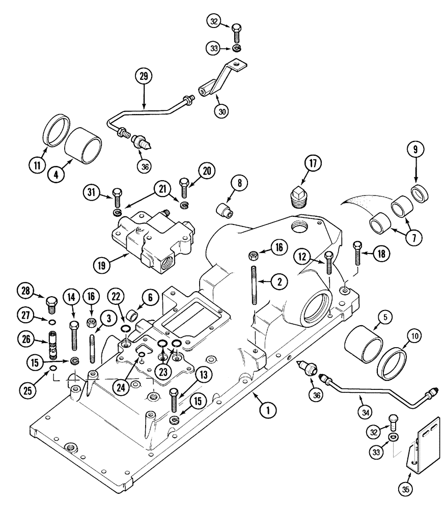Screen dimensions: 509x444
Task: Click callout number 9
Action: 416,151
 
